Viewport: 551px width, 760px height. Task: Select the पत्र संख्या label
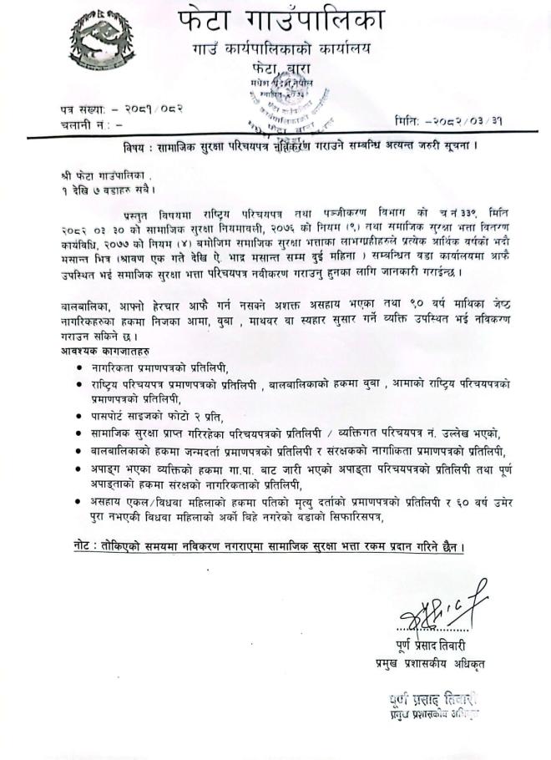pyautogui.click(x=84, y=109)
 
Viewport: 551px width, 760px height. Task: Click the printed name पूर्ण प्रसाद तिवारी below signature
pyautogui.click(x=440, y=643)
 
